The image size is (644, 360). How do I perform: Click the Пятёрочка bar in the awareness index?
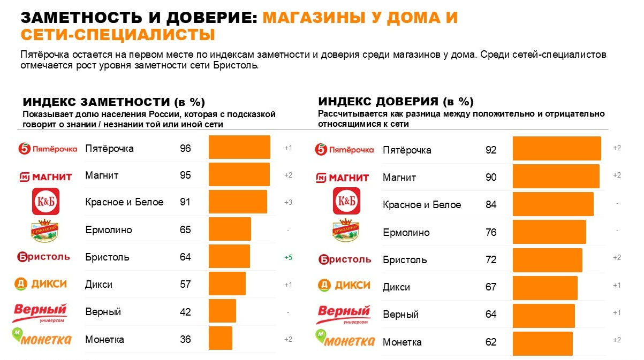239,147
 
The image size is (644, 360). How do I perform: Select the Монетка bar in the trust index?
542,343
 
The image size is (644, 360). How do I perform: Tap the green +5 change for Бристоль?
288,257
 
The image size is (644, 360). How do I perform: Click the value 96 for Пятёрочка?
185,148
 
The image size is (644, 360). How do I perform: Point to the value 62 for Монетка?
491,342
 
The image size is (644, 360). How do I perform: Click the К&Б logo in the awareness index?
46,202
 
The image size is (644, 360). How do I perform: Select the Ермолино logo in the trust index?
346,231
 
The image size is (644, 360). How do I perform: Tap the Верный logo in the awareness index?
40,312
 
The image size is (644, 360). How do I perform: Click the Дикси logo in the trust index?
344,286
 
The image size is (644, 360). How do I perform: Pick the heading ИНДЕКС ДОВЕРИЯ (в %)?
396,102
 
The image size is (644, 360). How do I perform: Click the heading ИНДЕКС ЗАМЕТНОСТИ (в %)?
113,102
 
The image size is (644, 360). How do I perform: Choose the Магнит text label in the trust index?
399,178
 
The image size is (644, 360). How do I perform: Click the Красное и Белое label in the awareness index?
124,202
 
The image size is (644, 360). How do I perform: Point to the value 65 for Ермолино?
185,230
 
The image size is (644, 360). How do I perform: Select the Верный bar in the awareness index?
222,311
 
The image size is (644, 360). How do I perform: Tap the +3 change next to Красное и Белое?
288,203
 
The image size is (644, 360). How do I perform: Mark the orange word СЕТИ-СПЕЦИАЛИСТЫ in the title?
118,35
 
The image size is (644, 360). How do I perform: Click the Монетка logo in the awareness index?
42,338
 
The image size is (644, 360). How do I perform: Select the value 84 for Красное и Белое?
491,205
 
